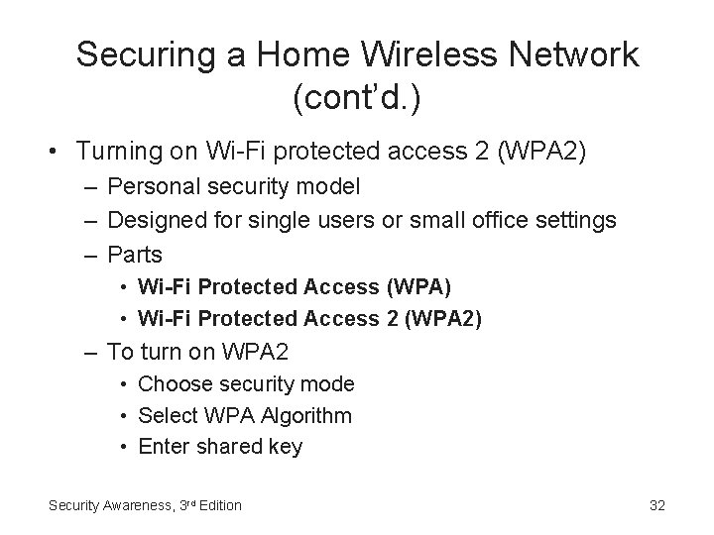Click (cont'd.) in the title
tap(357, 98)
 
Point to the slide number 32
tap(656, 505)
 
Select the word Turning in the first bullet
tap(115, 151)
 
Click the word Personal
tap(149, 186)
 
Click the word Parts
tap(134, 255)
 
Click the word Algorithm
tap(307, 415)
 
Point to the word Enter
tap(162, 447)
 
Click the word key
tap(285, 448)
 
